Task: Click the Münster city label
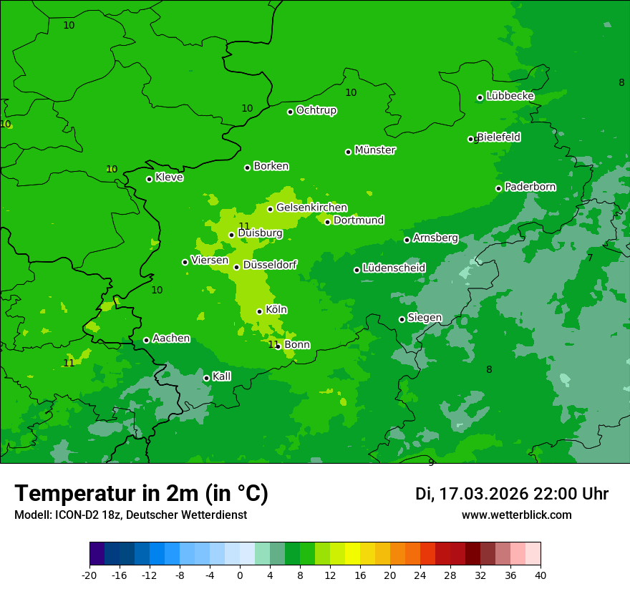coord(374,150)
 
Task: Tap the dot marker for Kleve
coord(149,179)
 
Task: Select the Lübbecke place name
coord(510,96)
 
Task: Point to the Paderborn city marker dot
coord(498,188)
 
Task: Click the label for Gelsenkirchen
coord(311,208)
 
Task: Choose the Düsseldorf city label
coord(270,265)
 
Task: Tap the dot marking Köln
coord(259,311)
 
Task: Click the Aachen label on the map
coord(171,339)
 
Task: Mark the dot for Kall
coord(206,378)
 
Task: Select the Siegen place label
coord(425,318)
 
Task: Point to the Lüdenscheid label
coord(394,268)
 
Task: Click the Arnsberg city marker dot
coord(407,240)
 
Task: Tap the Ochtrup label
coord(316,110)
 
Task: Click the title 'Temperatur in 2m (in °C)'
coord(141,494)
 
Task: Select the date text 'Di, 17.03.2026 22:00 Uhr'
coord(511,494)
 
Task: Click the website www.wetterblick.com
coord(516,515)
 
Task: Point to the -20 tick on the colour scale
coord(89,575)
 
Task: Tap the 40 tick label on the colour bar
coord(540,575)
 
